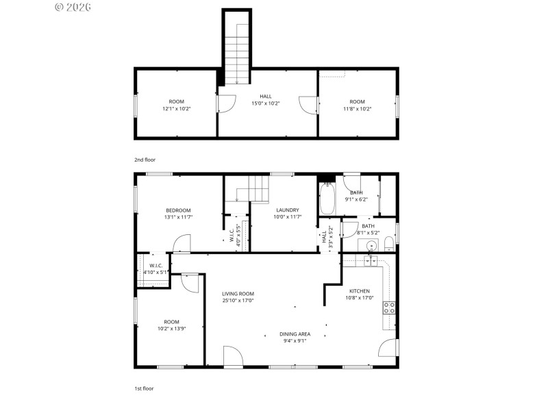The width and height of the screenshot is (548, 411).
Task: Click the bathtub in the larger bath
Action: tap(327, 199)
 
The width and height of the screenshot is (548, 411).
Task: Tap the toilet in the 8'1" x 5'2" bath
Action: tap(388, 243)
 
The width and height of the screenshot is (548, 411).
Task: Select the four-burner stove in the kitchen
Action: tap(389, 308)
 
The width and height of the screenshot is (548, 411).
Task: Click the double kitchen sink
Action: tap(371, 260)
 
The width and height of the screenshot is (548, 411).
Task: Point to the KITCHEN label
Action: tap(360, 290)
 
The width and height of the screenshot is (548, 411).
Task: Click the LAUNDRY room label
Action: tap(288, 210)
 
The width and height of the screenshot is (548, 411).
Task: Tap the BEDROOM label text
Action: tap(178, 210)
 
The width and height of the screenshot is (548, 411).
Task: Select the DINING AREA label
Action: tap(295, 334)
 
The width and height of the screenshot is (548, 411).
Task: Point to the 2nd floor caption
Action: tap(145, 160)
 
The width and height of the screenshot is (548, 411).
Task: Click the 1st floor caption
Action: tap(144, 388)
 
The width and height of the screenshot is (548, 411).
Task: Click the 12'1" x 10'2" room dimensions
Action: tap(177, 108)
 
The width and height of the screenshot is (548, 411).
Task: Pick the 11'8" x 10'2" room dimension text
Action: tap(357, 108)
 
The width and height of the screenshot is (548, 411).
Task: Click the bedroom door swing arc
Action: tap(182, 245)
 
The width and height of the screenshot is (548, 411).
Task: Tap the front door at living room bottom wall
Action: tap(233, 356)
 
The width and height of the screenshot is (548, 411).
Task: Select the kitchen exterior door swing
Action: tap(388, 347)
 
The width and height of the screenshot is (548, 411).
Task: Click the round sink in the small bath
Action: tap(372, 245)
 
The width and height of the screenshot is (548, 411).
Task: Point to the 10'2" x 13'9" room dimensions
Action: tap(171, 328)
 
